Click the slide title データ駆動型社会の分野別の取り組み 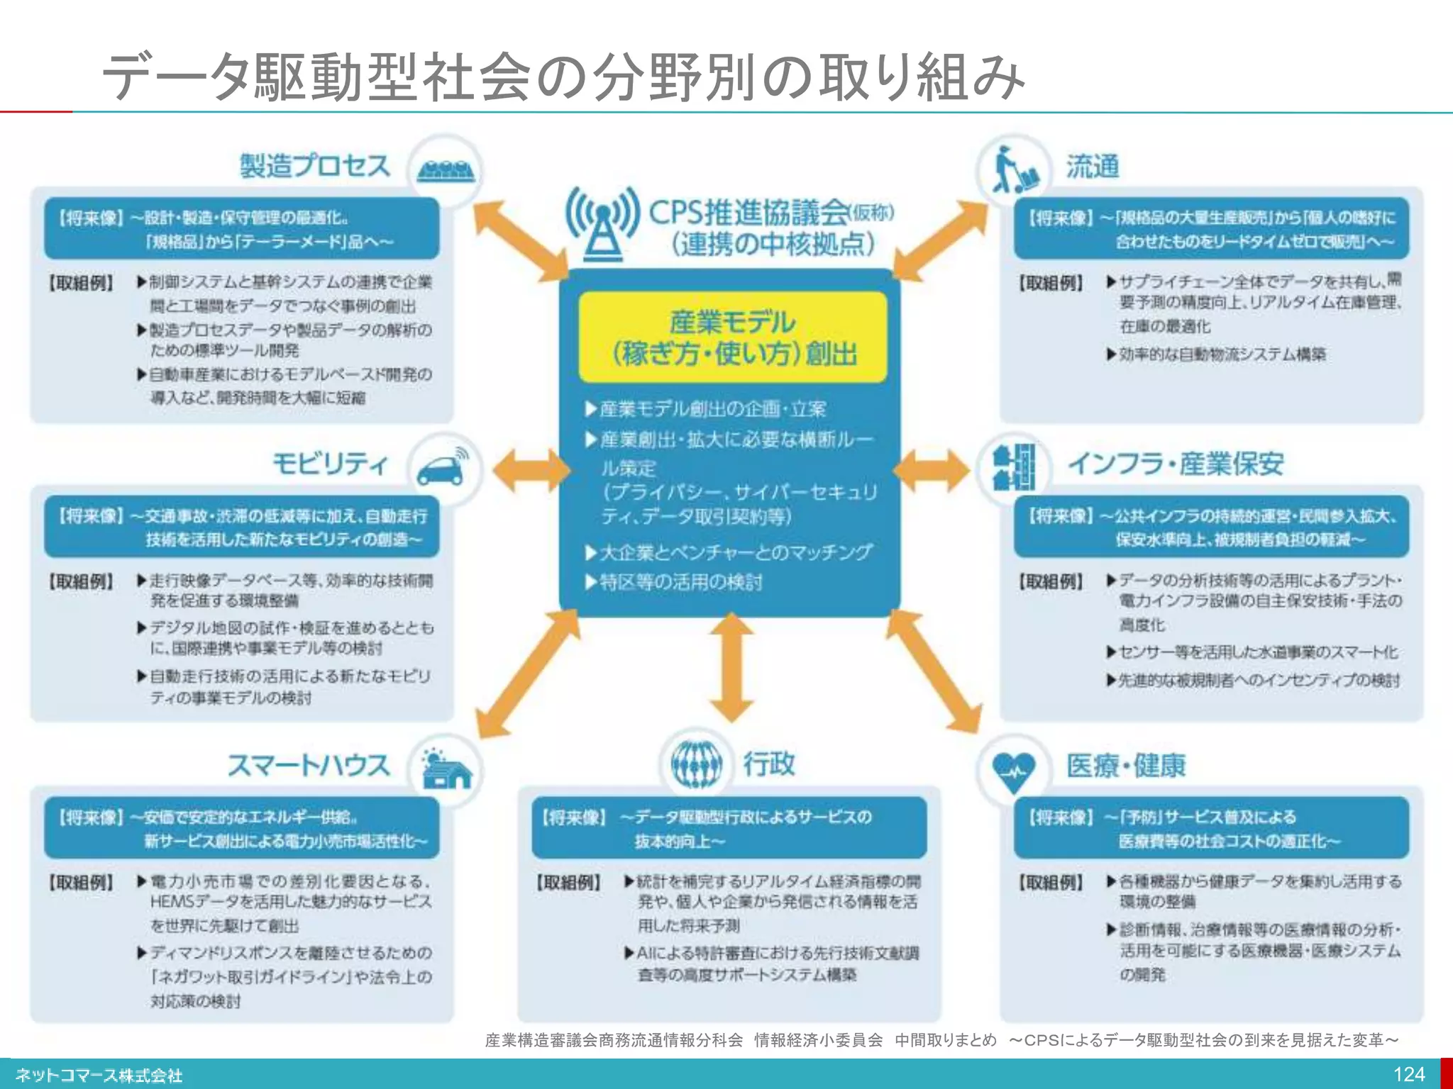(x=564, y=77)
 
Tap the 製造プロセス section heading (x=315, y=166)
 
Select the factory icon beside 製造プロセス (x=446, y=170)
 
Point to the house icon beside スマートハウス (x=446, y=769)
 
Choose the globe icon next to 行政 (x=696, y=764)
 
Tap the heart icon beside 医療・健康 (x=1014, y=770)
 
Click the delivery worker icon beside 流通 (x=1014, y=170)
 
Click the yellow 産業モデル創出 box (x=733, y=337)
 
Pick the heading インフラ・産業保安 (x=1176, y=464)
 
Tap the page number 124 (x=1408, y=1074)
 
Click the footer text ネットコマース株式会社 (x=99, y=1076)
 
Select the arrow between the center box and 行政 (x=731, y=666)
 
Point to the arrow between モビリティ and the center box (x=531, y=469)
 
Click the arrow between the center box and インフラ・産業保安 (x=931, y=469)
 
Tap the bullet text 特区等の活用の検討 (x=680, y=582)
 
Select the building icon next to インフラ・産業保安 (x=1015, y=467)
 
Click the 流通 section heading (x=1093, y=167)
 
